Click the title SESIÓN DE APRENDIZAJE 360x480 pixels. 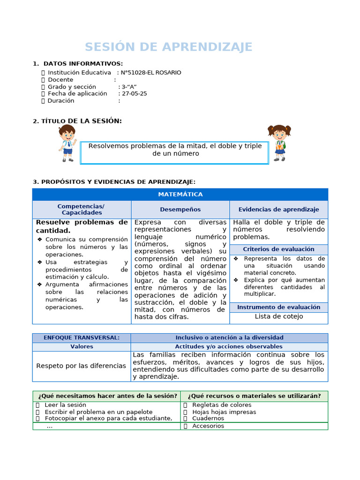[x=168, y=47]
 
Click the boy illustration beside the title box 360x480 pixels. [x=67, y=143]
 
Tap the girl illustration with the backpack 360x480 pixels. [x=279, y=142]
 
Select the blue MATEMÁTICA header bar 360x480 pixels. [x=180, y=194]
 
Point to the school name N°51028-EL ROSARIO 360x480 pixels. [x=151, y=73]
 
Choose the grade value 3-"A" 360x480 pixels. [x=129, y=87]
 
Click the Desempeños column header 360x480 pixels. [x=180, y=210]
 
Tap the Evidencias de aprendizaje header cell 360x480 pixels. [x=278, y=210]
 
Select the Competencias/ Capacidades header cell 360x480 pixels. [x=82, y=210]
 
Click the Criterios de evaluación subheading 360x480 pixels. [x=278, y=249]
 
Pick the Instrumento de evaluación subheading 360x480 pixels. [x=278, y=307]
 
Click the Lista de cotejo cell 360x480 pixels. [x=278, y=316]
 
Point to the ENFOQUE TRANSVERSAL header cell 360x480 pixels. [x=82, y=337]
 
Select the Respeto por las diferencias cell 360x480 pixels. [x=81, y=366]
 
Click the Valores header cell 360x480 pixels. [x=82, y=346]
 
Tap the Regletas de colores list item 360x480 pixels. [x=222, y=405]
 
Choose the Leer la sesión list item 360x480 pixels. [x=65, y=405]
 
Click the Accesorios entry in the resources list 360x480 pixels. [x=208, y=426]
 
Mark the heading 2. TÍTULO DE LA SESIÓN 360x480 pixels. [x=77, y=121]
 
